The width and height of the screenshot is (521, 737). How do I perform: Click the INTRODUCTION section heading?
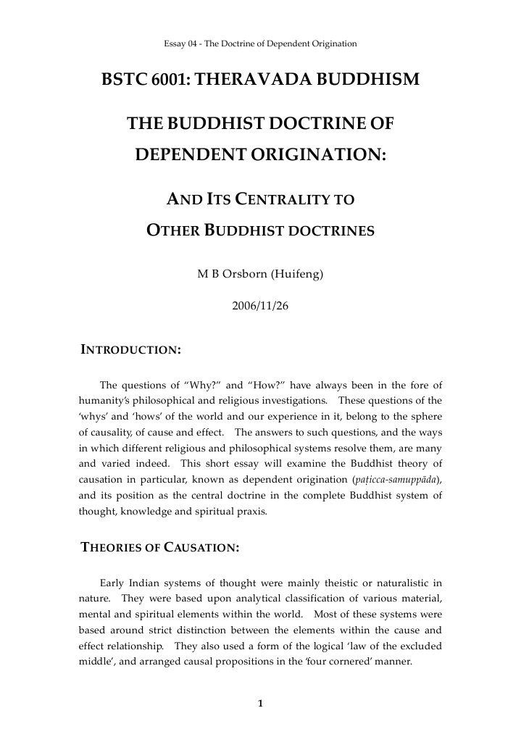(x=130, y=350)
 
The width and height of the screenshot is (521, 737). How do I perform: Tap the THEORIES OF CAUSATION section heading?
(x=159, y=548)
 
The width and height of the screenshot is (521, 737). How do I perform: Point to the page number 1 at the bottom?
(x=260, y=703)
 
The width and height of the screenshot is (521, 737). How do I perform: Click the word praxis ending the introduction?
(x=248, y=512)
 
